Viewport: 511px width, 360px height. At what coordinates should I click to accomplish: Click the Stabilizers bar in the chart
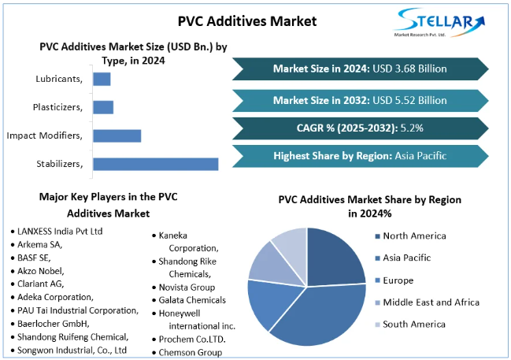tap(155, 164)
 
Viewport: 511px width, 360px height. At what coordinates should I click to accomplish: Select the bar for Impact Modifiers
tap(117, 135)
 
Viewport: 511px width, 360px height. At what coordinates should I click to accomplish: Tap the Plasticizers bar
tap(103, 107)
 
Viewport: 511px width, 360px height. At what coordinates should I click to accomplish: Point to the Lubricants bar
tap(102, 79)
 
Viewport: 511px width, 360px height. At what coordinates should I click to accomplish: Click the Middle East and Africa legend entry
tap(430, 302)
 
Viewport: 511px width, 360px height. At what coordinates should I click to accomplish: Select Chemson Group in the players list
tap(190, 352)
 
